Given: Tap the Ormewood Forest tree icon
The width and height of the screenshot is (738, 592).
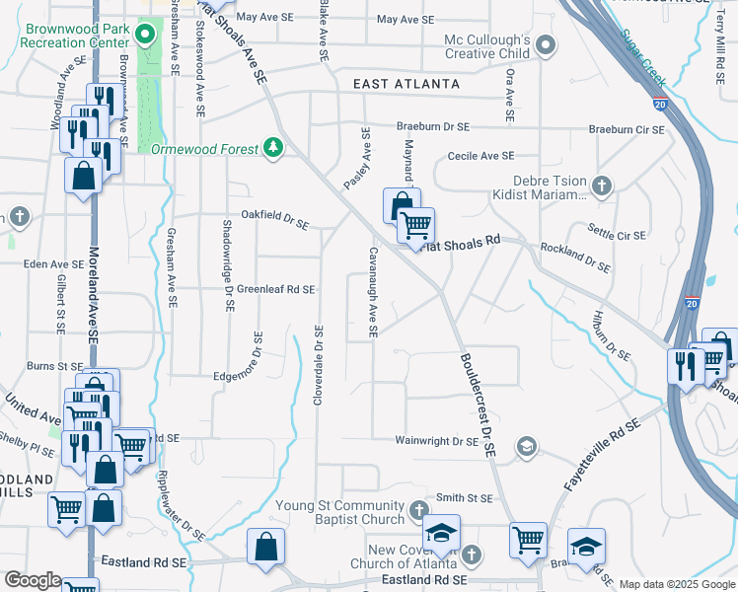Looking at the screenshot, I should coord(273,148).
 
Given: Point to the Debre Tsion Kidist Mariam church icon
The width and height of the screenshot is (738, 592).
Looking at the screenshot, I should coord(601,184).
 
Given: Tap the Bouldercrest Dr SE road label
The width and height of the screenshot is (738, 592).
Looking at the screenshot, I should coord(475,404).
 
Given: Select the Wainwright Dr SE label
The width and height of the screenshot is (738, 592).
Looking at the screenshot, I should coord(437,441).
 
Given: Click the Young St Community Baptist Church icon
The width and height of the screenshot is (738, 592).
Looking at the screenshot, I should coord(418,511).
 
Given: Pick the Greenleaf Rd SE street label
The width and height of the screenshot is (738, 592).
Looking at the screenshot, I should coord(275,289).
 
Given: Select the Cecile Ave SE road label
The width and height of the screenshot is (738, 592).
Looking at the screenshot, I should coord(480,156).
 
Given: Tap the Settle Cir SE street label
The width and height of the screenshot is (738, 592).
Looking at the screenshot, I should coord(617,236).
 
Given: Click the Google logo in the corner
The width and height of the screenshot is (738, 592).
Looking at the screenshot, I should coord(33,580).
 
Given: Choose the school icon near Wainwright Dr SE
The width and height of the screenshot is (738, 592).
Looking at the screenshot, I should coord(527,448).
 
